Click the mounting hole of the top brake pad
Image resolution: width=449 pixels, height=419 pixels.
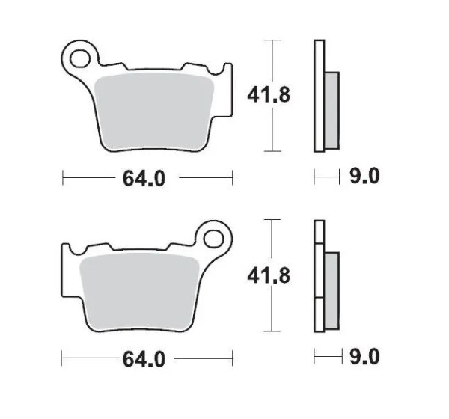click(79, 58)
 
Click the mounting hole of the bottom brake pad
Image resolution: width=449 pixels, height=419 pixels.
click(213, 239)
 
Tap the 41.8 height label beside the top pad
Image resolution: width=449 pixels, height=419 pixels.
click(269, 95)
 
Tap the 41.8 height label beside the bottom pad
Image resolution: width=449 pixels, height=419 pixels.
click(269, 275)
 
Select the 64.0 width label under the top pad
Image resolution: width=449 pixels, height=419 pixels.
click(144, 178)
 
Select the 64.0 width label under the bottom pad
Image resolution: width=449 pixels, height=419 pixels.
click(144, 359)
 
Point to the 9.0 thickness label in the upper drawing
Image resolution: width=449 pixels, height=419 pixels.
click(364, 176)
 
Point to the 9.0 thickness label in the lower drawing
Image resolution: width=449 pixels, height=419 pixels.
click(364, 357)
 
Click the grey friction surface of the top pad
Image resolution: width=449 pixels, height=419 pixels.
click(154, 111)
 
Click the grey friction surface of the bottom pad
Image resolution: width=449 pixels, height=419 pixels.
click(139, 292)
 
